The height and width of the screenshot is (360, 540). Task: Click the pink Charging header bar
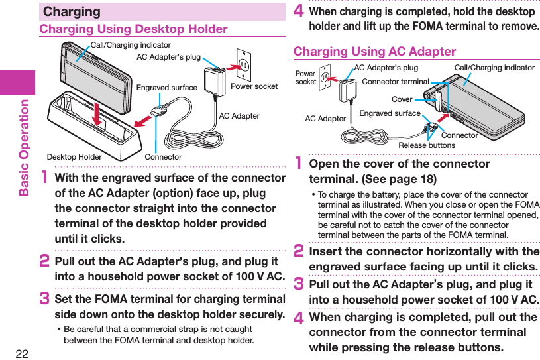pyautogui.click(x=162, y=11)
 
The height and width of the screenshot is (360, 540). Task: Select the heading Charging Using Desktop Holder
pyautogui.click(x=133, y=29)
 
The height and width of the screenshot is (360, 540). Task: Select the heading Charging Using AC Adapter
pyautogui.click(x=374, y=52)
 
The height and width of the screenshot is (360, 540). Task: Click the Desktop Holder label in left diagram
pyautogui.click(x=74, y=157)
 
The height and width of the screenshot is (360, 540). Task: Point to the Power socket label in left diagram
pyautogui.click(x=254, y=86)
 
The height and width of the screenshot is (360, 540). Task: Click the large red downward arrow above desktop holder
pyautogui.click(x=97, y=112)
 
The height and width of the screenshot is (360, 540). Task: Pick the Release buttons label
pyautogui.click(x=427, y=145)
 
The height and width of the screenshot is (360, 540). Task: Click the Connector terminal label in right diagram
pyautogui.click(x=396, y=82)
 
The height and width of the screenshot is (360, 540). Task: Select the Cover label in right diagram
pyautogui.click(x=402, y=99)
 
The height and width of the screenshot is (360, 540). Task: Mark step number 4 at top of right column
pyautogui.click(x=298, y=12)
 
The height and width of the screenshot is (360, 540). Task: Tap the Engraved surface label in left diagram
pyautogui.click(x=166, y=88)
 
